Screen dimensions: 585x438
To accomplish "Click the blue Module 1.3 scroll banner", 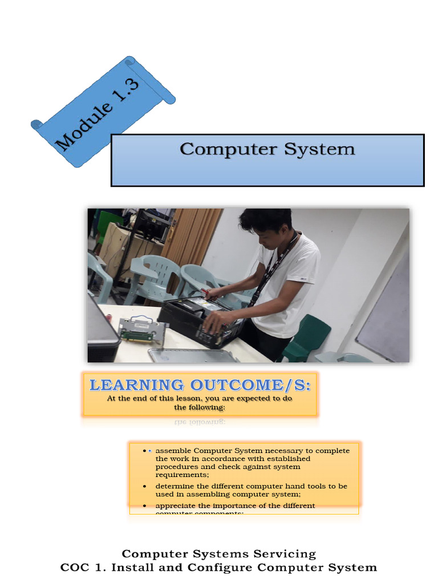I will [x=103, y=111].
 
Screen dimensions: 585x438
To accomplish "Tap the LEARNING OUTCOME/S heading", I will [x=200, y=385].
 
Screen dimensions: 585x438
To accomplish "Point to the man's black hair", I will [x=266, y=221].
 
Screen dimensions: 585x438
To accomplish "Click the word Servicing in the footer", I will [x=282, y=554].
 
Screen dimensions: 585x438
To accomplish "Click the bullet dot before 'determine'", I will [x=145, y=486].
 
